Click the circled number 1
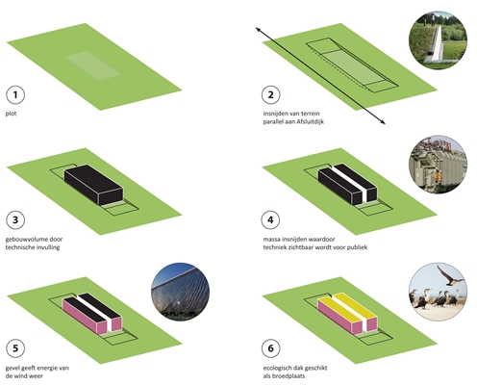pos(15,94)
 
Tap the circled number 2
pos(271,94)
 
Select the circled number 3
pos(15,220)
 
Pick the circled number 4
pos(271,220)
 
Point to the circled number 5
pos(15,348)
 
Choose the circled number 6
pos(271,348)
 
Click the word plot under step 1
pos(11,114)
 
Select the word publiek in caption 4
pos(357,247)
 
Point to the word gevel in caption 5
pos(13,369)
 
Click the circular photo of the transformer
pos(438,165)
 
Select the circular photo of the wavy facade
pos(180,292)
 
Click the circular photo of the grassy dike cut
pos(438,40)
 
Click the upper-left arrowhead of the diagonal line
pos(256,28)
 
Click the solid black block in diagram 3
pos(93,185)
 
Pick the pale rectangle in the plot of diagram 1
pos(92,65)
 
